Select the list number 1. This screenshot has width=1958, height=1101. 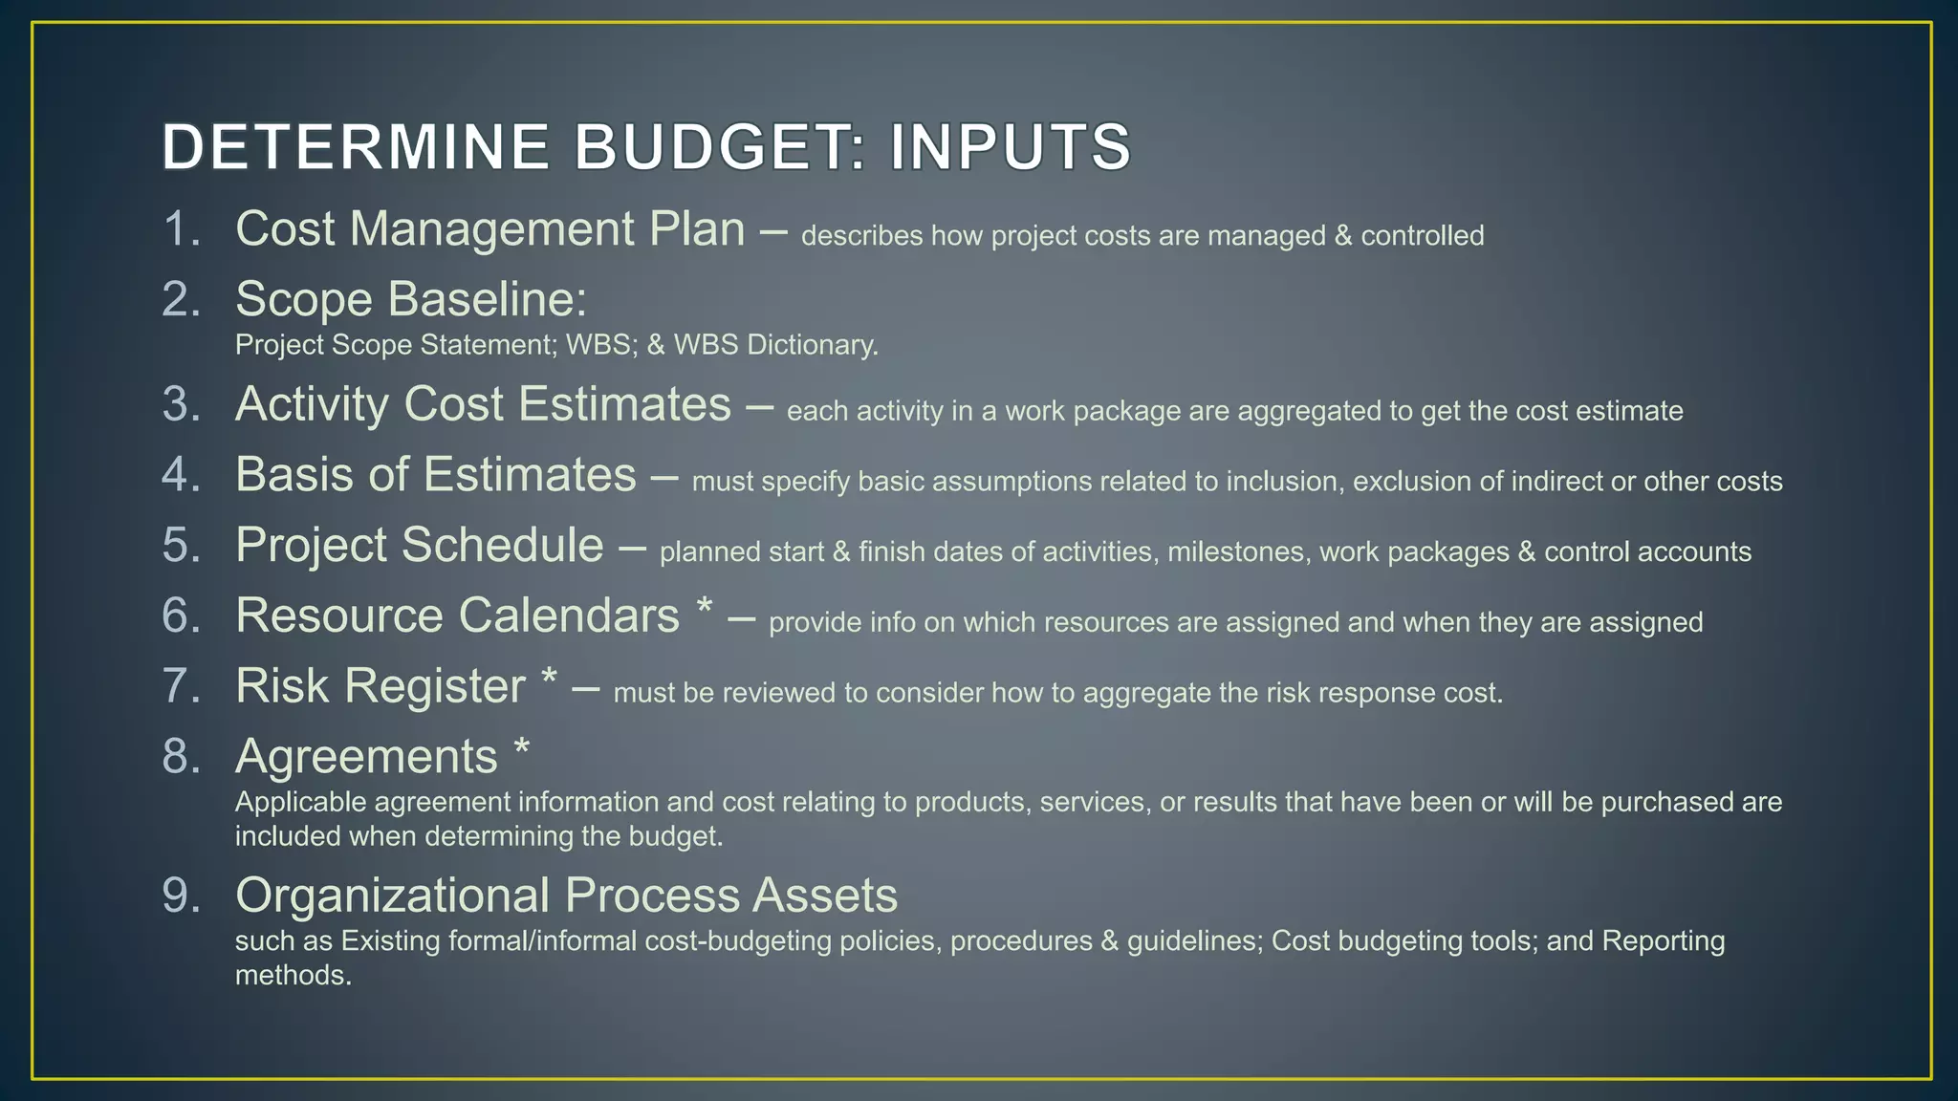tap(180, 229)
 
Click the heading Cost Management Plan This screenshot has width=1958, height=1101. tap(489, 229)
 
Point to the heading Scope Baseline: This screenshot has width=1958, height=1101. tap(411, 299)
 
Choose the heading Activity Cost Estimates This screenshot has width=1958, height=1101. tap(483, 404)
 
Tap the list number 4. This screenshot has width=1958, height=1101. tap(181, 475)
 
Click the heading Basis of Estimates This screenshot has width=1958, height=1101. tap(435, 475)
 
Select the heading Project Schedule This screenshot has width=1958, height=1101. tap(419, 546)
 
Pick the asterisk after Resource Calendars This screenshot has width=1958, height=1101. tap(705, 607)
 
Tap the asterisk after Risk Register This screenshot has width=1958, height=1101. tap(549, 678)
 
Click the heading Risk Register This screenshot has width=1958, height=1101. tap(380, 686)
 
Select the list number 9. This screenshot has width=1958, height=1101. tap(181, 896)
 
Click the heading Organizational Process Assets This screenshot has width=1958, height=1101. tap(566, 896)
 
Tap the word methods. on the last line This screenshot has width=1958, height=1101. tap(294, 976)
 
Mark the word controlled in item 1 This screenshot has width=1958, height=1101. tap(1422, 236)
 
